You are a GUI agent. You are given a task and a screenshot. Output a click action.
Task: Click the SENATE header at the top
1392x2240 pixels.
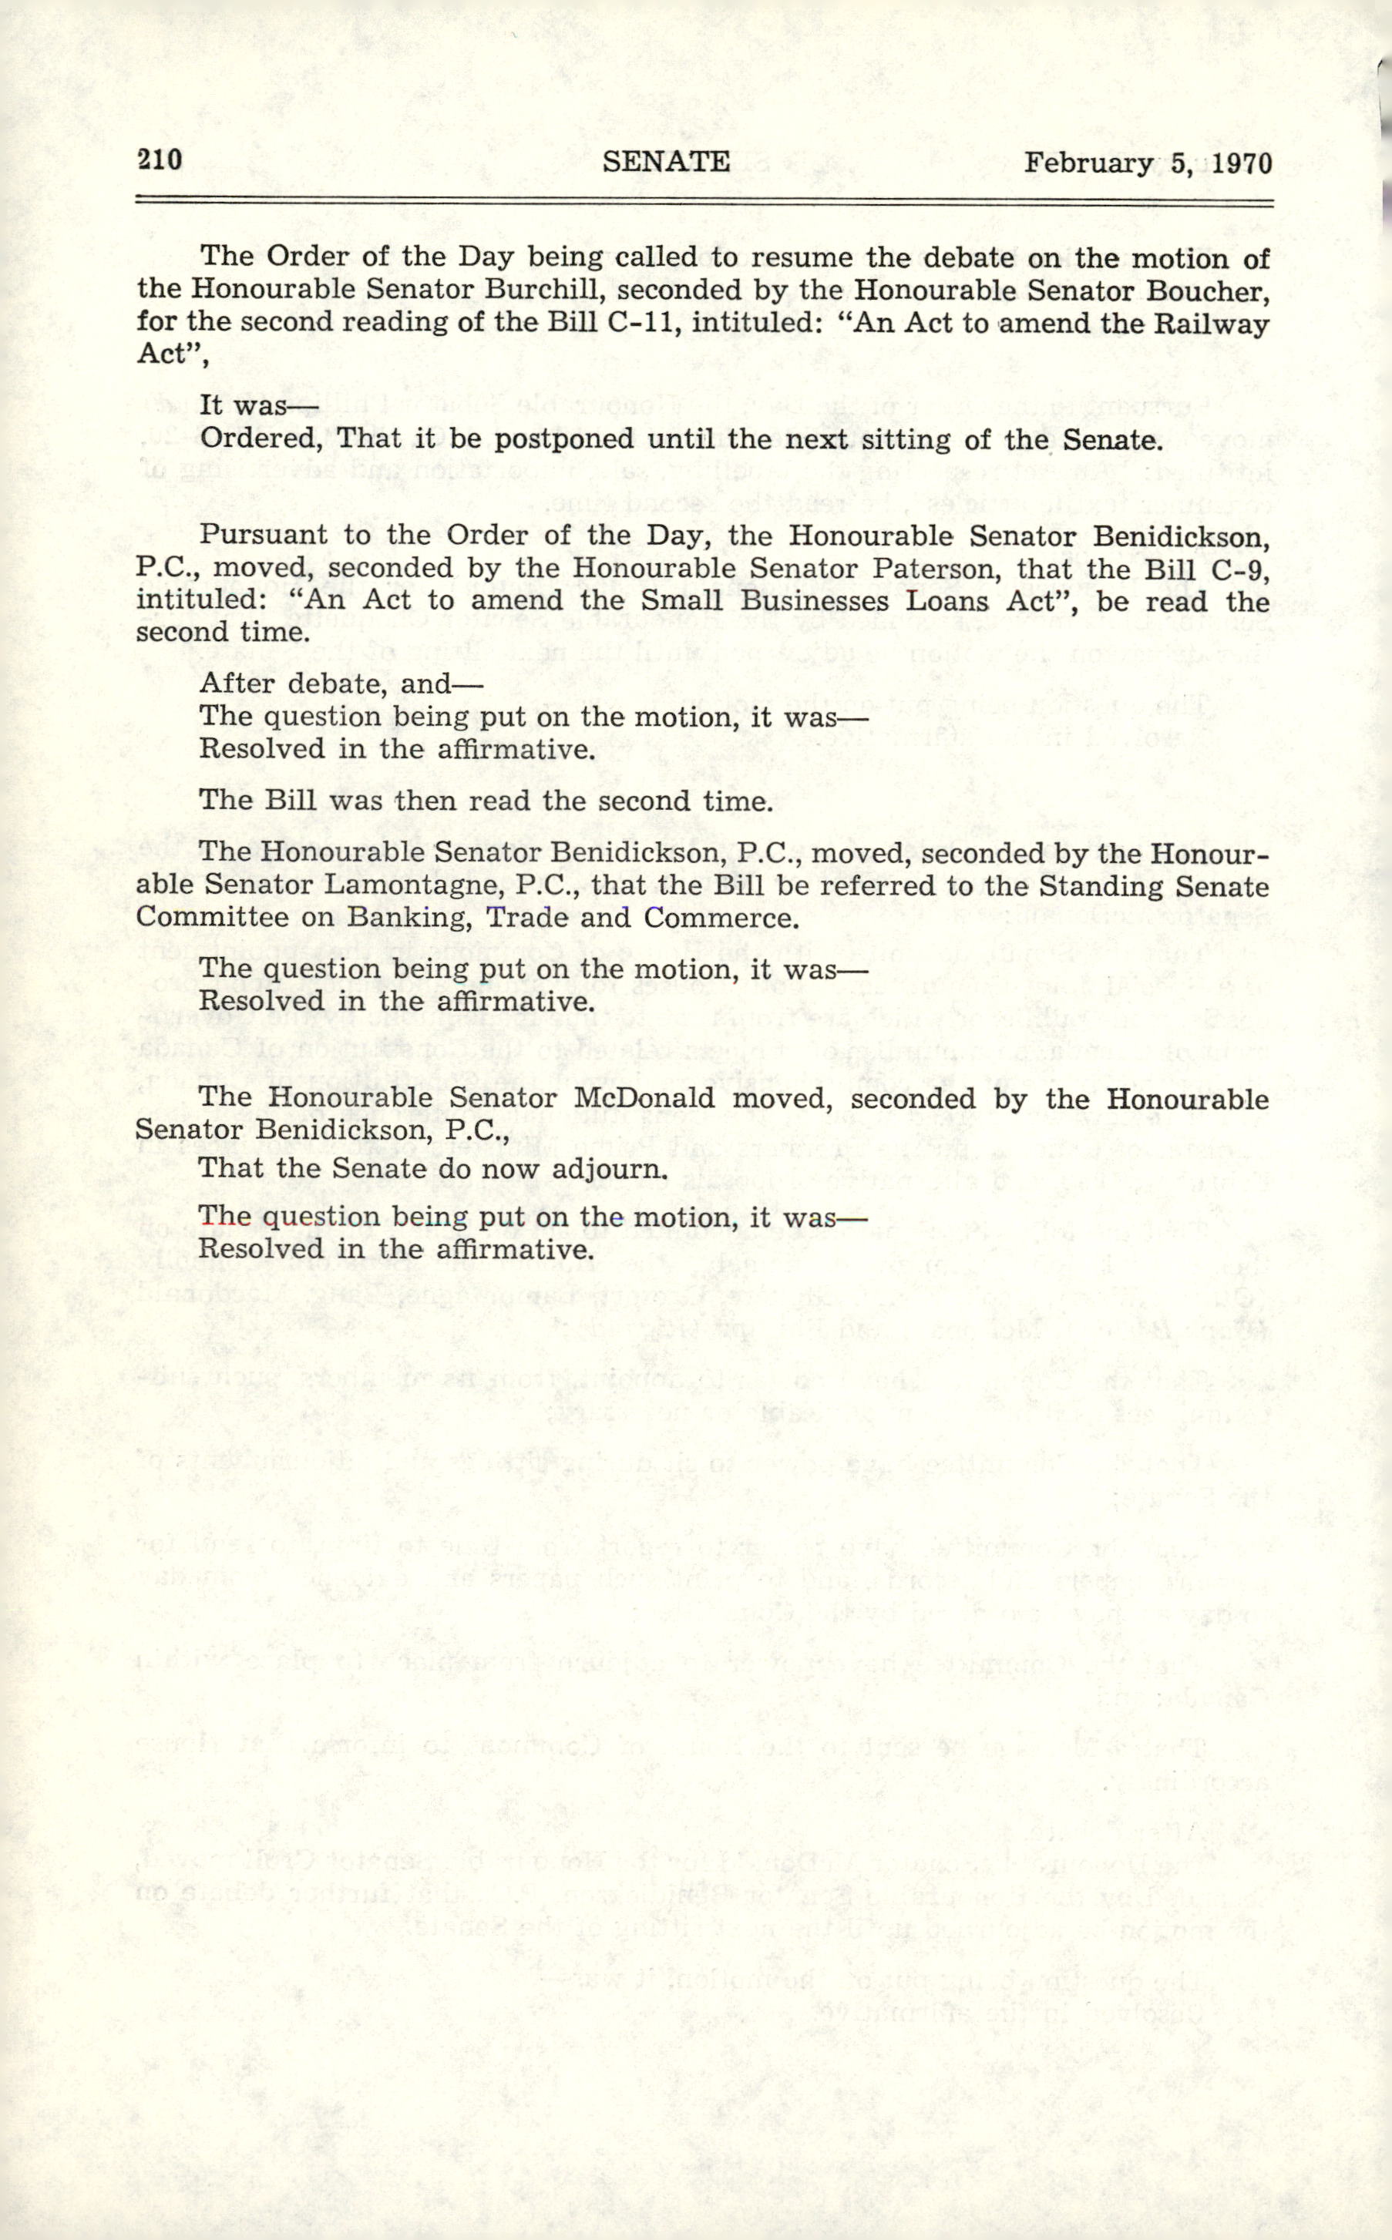(666, 162)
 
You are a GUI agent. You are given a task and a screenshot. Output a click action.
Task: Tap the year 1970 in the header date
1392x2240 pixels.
(1242, 164)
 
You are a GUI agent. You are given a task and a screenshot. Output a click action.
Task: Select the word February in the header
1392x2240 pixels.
(1088, 164)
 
